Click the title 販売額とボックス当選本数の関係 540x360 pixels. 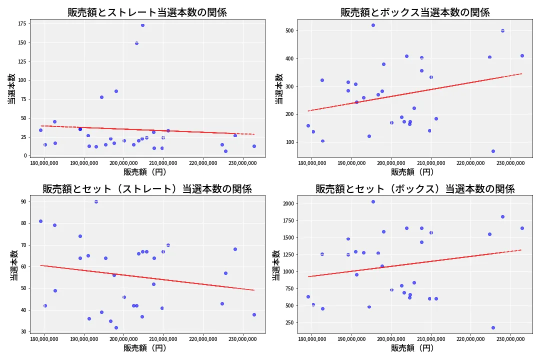tap(414, 12)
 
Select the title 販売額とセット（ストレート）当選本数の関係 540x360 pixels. tap(147, 189)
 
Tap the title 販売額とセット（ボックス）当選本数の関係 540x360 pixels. tap(414, 189)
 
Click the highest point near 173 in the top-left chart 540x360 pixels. tap(142, 25)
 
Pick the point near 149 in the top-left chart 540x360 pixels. tap(136, 43)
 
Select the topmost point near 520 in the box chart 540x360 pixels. tap(373, 25)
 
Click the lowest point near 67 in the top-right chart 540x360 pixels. tap(493, 151)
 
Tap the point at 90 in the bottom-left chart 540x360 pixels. tap(96, 201)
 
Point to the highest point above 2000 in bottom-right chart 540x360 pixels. tap(373, 201)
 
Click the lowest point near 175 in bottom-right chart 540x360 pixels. tap(493, 327)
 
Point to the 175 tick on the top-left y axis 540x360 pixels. tap(22, 23)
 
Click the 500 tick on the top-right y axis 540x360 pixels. tap(289, 30)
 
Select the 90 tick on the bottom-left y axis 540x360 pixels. tap(23, 201)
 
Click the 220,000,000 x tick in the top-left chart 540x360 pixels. tap(203, 162)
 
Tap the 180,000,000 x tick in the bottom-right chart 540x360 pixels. tap(311, 339)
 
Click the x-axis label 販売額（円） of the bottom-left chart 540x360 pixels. tap(147, 348)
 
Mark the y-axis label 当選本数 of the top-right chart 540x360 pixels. tap(279, 88)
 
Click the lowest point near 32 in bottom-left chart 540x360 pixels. tap(116, 327)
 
